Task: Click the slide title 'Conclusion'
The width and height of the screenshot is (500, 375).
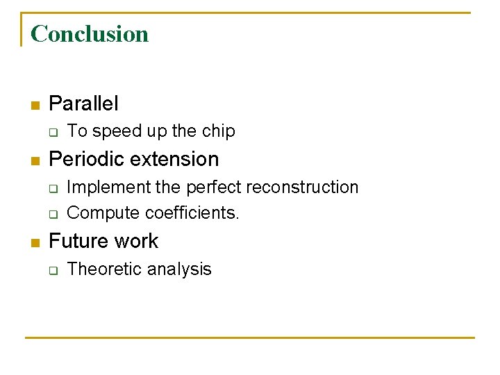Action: (x=90, y=33)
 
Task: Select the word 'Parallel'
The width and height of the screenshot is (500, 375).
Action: (x=83, y=104)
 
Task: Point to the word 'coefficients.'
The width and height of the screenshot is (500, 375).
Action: (x=187, y=213)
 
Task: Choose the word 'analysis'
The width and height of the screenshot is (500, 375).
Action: (x=181, y=269)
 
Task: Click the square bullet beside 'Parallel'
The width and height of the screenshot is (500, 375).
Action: (x=35, y=106)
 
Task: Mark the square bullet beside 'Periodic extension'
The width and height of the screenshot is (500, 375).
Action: (x=35, y=160)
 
